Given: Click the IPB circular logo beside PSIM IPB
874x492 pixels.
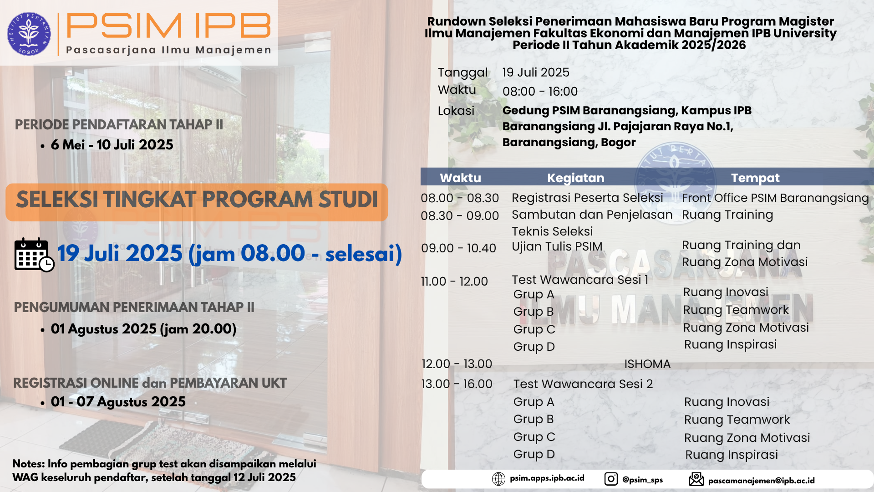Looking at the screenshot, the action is point(29,34).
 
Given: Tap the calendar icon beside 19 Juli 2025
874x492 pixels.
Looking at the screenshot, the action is point(34,255).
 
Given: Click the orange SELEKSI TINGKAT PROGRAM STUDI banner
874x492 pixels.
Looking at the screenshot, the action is point(197,202).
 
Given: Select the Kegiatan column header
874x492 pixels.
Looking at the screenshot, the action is point(576,178).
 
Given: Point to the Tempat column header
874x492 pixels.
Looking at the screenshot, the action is point(755,178).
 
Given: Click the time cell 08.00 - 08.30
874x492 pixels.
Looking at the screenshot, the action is point(460,198).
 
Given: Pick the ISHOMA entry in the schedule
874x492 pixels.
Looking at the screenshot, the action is point(647,364).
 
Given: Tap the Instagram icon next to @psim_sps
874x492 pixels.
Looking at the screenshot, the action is point(611,479).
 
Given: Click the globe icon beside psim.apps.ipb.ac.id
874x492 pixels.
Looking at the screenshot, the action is point(498,479).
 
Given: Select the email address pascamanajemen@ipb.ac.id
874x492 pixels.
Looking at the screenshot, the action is point(762,481).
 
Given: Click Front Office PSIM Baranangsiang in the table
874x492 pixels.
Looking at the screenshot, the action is point(775,198).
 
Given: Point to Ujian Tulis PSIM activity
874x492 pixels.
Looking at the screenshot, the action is point(557,246).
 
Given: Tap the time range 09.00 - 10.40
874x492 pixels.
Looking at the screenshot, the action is point(458,248).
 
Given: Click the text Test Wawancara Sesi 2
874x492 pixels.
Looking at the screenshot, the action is point(583,384).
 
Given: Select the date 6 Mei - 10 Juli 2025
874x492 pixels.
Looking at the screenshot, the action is point(112,145).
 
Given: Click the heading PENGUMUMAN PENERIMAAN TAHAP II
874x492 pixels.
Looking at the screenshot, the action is point(134,307).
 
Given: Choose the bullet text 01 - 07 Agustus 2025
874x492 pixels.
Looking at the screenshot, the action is point(118,402).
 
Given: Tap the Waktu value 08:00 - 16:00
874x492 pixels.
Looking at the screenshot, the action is point(540,92).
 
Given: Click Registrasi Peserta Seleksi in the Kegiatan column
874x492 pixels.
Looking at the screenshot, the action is point(587,198).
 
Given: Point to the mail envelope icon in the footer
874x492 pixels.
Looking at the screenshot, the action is point(696,479).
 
